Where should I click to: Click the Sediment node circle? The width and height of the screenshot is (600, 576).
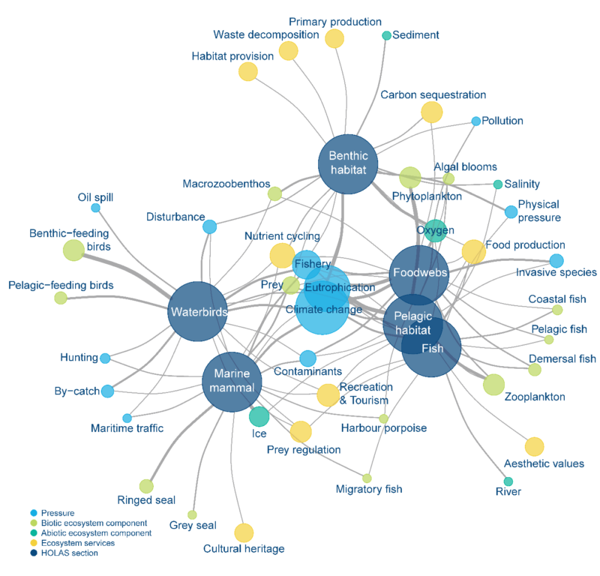point(387,35)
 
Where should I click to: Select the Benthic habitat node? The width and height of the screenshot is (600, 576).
point(348,163)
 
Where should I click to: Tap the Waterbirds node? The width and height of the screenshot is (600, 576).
point(196,311)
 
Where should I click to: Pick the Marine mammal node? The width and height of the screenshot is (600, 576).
point(232,382)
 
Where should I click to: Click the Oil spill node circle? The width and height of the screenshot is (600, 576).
point(95,208)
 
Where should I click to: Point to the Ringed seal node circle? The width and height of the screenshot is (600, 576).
point(146,486)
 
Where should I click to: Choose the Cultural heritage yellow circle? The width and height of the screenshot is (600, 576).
point(244,532)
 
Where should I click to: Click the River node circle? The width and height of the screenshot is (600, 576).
point(508,481)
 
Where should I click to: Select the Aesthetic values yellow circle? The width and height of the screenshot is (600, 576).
point(534,447)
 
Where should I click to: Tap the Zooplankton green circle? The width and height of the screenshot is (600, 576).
point(493,384)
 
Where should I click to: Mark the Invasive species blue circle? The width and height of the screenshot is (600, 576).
point(556,261)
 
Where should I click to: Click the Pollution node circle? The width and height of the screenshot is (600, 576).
point(475,121)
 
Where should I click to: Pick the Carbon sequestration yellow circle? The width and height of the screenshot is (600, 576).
point(431,112)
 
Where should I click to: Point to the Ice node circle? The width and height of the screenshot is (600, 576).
point(259,415)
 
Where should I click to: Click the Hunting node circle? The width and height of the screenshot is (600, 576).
point(105,358)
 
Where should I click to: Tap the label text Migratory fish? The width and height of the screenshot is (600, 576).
point(369,489)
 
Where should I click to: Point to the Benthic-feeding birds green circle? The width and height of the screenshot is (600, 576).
point(73,250)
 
